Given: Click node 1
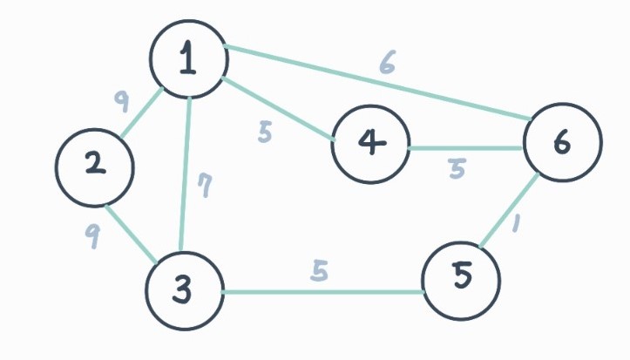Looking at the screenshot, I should [x=189, y=58].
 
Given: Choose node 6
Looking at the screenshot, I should [x=563, y=142].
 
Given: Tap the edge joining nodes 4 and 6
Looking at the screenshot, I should [x=466, y=148].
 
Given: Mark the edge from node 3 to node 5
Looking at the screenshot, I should [x=322, y=292].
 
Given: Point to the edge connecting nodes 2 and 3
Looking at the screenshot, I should [x=131, y=232].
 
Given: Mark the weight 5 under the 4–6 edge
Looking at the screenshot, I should [x=457, y=168].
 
